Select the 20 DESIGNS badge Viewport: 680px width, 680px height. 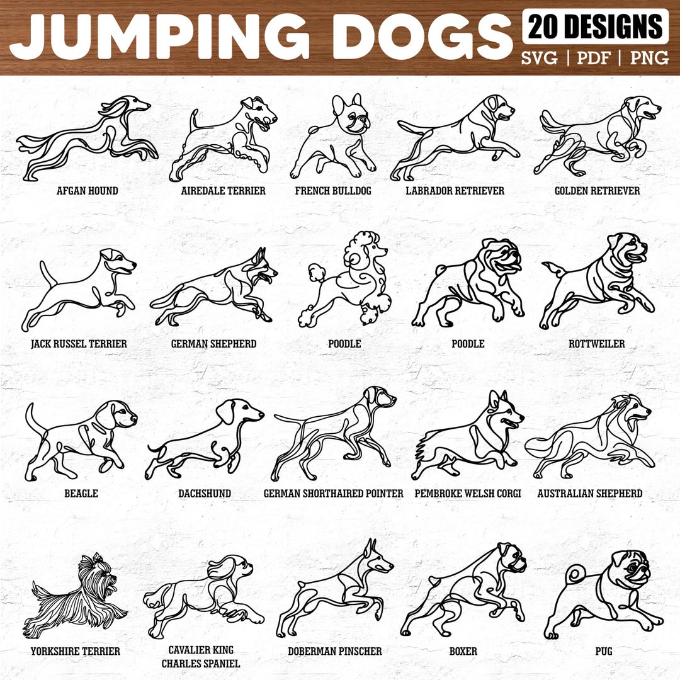[x=595, y=26]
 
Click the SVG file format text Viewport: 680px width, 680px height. [x=539, y=59]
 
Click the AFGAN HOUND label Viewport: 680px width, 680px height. [x=88, y=191]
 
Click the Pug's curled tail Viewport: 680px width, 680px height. [x=575, y=574]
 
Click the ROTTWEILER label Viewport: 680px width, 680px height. [x=596, y=344]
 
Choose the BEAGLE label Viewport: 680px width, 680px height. [x=81, y=494]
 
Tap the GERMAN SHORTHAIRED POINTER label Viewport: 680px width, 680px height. [x=333, y=494]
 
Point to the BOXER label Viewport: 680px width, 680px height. [x=463, y=651]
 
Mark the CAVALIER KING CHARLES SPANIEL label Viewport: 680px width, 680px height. [x=200, y=657]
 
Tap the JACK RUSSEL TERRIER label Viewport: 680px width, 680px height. [x=79, y=344]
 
